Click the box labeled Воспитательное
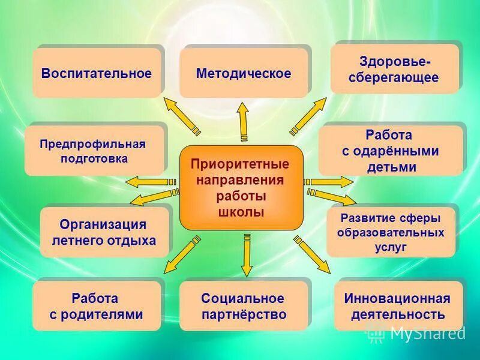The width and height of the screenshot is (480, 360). [x=97, y=74]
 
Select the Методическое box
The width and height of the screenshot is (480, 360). [x=244, y=74]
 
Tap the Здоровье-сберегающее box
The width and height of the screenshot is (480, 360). [x=394, y=70]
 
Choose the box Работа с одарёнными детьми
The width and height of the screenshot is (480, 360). [x=391, y=151]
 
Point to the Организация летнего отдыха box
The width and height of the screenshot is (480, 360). [x=104, y=233]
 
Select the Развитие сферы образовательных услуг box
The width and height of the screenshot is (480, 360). [x=391, y=232]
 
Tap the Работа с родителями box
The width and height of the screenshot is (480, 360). [x=96, y=306]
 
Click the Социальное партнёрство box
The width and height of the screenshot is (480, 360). [x=243, y=306]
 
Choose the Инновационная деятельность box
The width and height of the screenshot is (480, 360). [x=398, y=306]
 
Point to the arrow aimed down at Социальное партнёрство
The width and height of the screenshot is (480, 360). [x=246, y=255]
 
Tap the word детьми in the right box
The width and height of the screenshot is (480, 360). [x=391, y=167]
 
